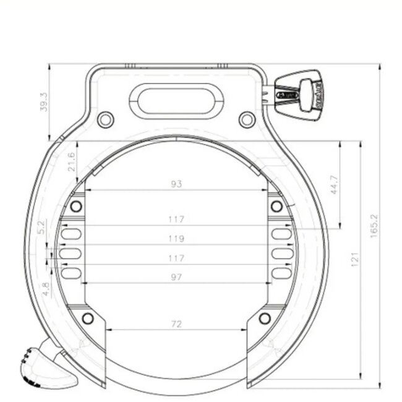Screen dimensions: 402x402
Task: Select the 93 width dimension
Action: [x=177, y=184]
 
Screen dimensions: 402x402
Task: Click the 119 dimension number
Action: [x=177, y=238]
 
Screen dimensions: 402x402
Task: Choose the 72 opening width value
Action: [x=177, y=323]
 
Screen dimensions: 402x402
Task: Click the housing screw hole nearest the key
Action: [x=247, y=118]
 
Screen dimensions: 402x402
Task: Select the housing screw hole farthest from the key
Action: [x=106, y=118]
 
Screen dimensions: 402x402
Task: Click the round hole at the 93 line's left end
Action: [x=76, y=205]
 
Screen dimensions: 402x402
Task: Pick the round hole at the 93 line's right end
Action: [x=276, y=205]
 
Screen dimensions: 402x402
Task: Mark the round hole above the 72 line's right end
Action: [x=265, y=319]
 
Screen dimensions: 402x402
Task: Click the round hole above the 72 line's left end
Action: [x=88, y=319]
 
